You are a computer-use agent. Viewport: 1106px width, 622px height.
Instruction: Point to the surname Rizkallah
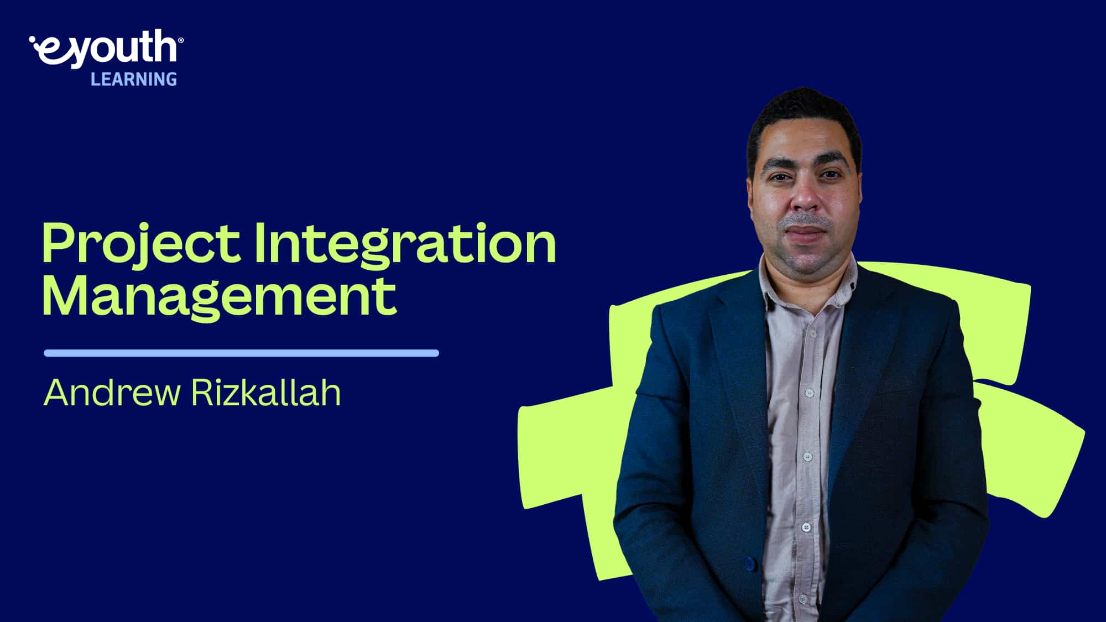pos(265,393)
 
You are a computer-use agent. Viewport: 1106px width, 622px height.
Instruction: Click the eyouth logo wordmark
pos(105,49)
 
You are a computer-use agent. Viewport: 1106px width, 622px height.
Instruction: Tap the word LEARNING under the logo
pos(134,80)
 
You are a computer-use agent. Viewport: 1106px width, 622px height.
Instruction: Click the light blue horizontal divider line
pos(241,353)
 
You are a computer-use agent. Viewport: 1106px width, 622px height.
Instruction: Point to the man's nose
pos(805,199)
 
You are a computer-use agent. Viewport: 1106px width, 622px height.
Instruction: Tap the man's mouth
pos(805,231)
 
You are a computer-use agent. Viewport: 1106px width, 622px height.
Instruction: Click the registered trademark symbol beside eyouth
pos(181,40)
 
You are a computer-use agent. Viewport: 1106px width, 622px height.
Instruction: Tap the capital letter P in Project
pos(59,243)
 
